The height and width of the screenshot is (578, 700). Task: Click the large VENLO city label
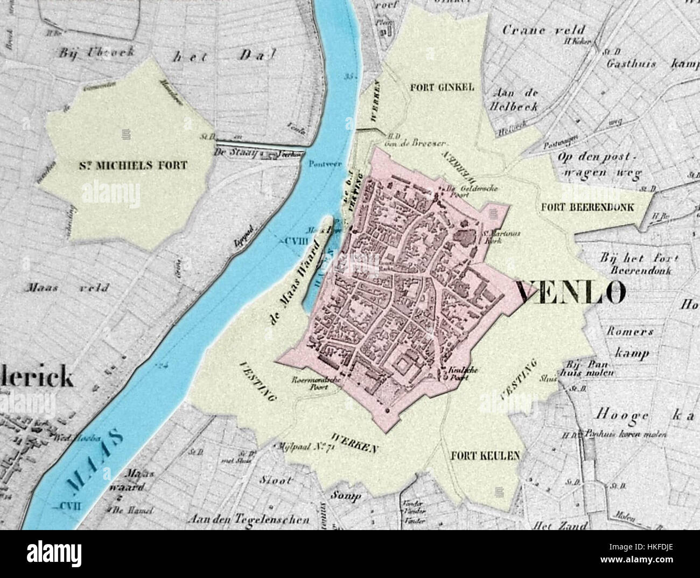(x=571, y=293)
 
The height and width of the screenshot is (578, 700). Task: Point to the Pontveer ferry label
(x=322, y=165)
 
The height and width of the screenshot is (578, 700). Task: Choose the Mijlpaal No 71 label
(x=304, y=446)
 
